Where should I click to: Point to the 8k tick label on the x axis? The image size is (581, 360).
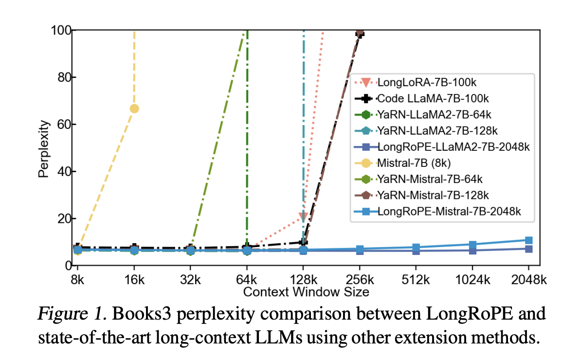[77, 280]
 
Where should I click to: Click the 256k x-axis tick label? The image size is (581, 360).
[360, 280]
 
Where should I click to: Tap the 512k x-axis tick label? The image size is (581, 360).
[416, 280]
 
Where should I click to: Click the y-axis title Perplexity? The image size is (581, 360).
[44, 148]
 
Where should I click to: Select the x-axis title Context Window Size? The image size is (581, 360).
[306, 292]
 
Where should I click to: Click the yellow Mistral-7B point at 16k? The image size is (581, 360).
[134, 108]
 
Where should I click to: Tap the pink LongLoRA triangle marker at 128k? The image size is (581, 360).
[303, 216]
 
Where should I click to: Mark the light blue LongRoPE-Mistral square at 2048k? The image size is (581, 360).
[528, 240]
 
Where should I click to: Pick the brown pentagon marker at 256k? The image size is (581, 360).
[360, 33]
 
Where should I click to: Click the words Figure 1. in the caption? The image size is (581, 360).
[73, 315]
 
